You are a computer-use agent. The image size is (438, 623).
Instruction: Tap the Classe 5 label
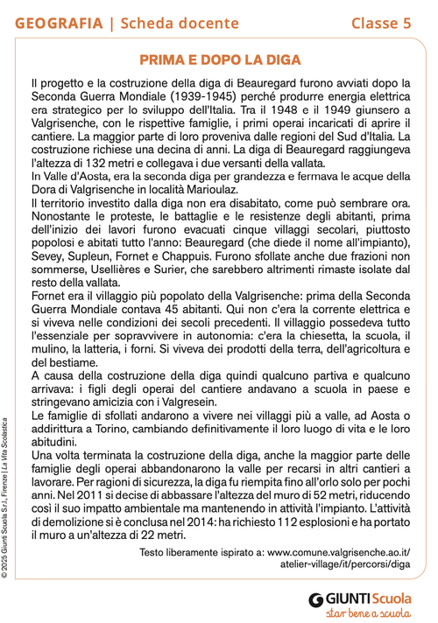click(381, 23)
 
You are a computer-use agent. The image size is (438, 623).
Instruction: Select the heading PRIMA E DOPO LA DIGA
click(219, 59)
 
